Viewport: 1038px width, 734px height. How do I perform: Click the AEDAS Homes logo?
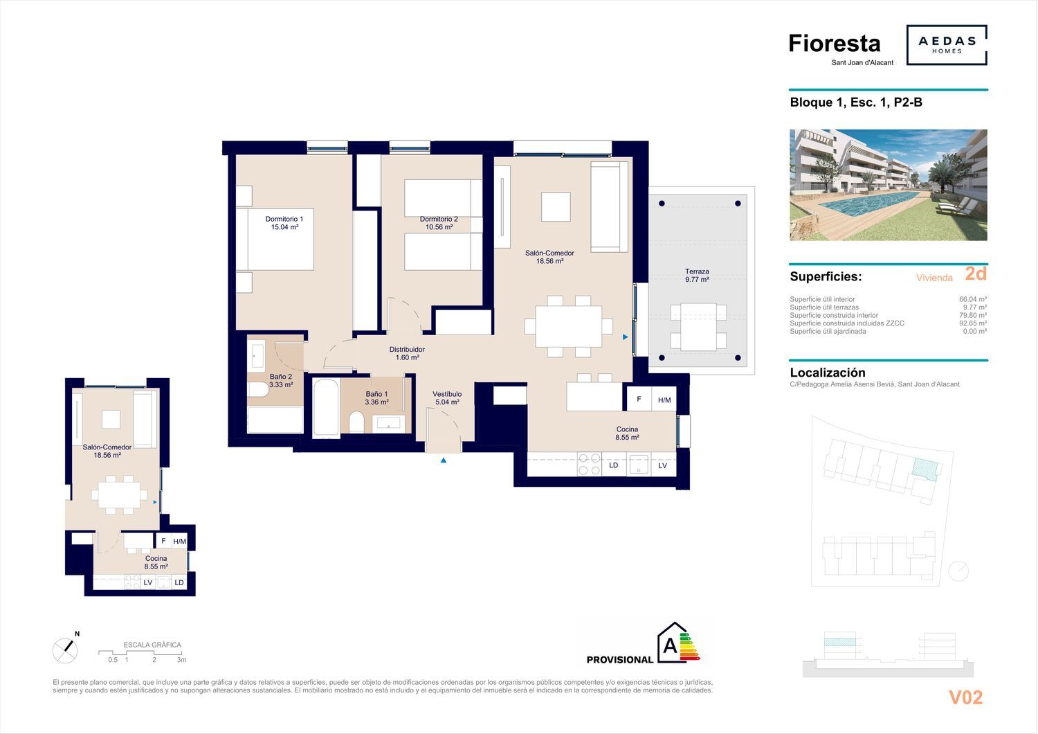[947, 45]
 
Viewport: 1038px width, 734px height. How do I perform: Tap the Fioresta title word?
[834, 44]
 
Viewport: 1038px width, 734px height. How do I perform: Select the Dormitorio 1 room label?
[284, 223]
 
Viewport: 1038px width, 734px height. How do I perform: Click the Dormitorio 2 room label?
[439, 223]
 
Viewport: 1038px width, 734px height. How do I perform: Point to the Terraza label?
[697, 276]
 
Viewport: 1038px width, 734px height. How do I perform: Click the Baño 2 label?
[281, 381]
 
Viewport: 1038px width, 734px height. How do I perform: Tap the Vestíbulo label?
[447, 398]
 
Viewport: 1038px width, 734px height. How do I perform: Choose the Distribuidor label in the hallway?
[407, 353]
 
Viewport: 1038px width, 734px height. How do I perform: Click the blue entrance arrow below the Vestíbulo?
[444, 460]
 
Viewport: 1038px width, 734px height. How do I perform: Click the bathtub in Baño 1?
[326, 408]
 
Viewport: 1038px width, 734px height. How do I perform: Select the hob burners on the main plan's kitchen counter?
[589, 464]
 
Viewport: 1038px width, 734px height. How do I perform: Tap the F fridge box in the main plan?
[639, 400]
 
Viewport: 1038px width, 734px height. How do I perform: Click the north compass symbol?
[65, 650]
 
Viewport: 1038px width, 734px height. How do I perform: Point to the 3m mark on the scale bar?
[181, 660]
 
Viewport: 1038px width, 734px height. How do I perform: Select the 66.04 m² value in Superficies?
[973, 300]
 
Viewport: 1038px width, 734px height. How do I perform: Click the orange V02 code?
[966, 697]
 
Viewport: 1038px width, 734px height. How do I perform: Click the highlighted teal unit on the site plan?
[925, 468]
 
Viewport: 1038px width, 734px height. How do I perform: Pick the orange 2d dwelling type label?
[976, 274]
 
